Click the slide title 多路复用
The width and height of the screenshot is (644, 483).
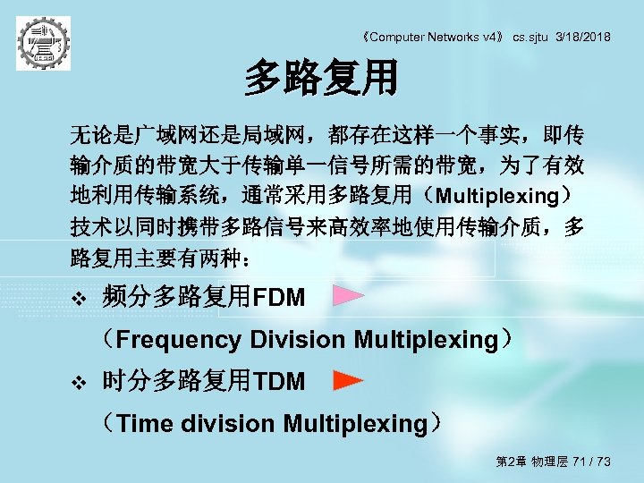(x=321, y=79)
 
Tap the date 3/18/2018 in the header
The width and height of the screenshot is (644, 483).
(x=583, y=37)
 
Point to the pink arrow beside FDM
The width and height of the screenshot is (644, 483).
(x=348, y=296)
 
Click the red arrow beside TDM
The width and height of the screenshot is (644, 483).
(x=348, y=381)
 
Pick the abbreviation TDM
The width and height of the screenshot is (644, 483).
(x=279, y=383)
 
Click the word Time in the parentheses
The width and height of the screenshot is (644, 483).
(x=146, y=424)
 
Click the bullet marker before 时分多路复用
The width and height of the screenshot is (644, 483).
(x=77, y=384)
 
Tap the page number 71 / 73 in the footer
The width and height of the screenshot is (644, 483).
(x=591, y=462)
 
